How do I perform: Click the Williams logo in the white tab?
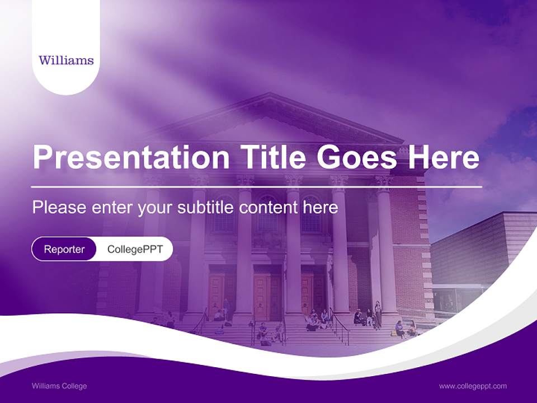(x=66, y=60)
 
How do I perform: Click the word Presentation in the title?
(x=131, y=157)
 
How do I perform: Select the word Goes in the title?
(x=356, y=157)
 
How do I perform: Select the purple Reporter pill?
(x=64, y=249)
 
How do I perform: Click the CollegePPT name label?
(x=135, y=249)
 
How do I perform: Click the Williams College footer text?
(x=59, y=386)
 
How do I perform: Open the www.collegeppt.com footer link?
(x=473, y=386)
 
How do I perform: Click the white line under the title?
(x=257, y=187)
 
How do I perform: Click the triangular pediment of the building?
(x=274, y=120)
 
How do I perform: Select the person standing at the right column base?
(x=378, y=315)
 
